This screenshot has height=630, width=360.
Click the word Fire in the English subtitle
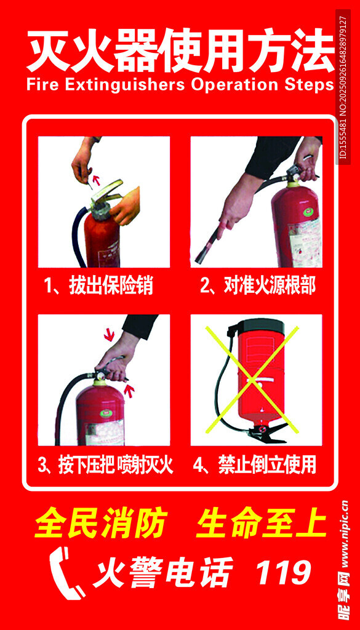[x=41, y=85]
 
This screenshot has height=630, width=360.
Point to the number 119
[x=284, y=572]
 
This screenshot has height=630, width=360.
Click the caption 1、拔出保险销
[x=99, y=287]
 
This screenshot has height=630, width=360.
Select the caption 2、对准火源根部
[x=258, y=287]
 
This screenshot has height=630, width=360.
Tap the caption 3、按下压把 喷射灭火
[x=105, y=466]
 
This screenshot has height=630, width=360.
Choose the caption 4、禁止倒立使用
[x=255, y=466]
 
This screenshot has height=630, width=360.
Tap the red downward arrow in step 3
[x=109, y=334]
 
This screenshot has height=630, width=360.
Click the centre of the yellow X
[x=252, y=380]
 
